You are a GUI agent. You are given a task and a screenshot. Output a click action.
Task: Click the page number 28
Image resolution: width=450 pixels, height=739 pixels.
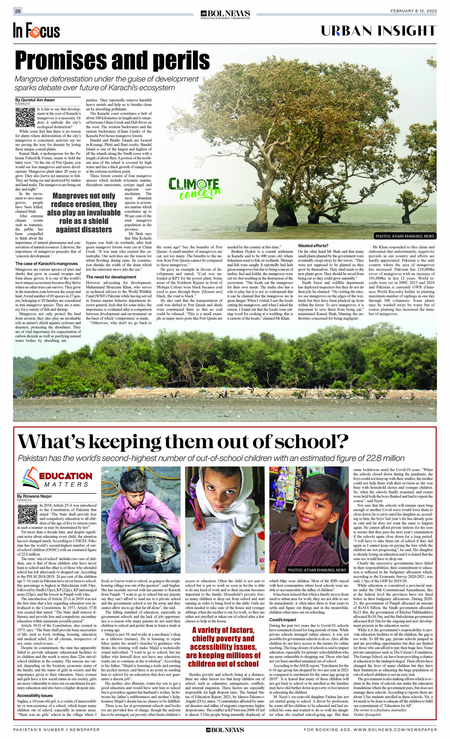pyautogui.click(x=18, y=11)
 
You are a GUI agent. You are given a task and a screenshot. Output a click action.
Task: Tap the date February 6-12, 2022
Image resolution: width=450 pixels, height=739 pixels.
pyautogui.click(x=413, y=11)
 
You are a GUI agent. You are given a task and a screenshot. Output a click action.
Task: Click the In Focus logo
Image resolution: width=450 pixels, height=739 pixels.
pyautogui.click(x=36, y=31)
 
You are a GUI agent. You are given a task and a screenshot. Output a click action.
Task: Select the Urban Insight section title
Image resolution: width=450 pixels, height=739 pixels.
pyautogui.click(x=378, y=31)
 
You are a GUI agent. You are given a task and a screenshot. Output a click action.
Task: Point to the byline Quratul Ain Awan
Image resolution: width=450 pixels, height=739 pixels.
pyautogui.click(x=35, y=100)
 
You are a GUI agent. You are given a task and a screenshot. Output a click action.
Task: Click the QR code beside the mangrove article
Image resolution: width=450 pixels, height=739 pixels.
pyautogui.click(x=25, y=117)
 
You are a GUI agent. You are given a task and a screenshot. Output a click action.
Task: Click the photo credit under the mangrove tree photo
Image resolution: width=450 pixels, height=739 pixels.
pyautogui.click(x=405, y=236)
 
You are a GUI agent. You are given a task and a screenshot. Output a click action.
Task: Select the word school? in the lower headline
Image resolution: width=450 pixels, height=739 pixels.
pyautogui.click(x=313, y=442)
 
